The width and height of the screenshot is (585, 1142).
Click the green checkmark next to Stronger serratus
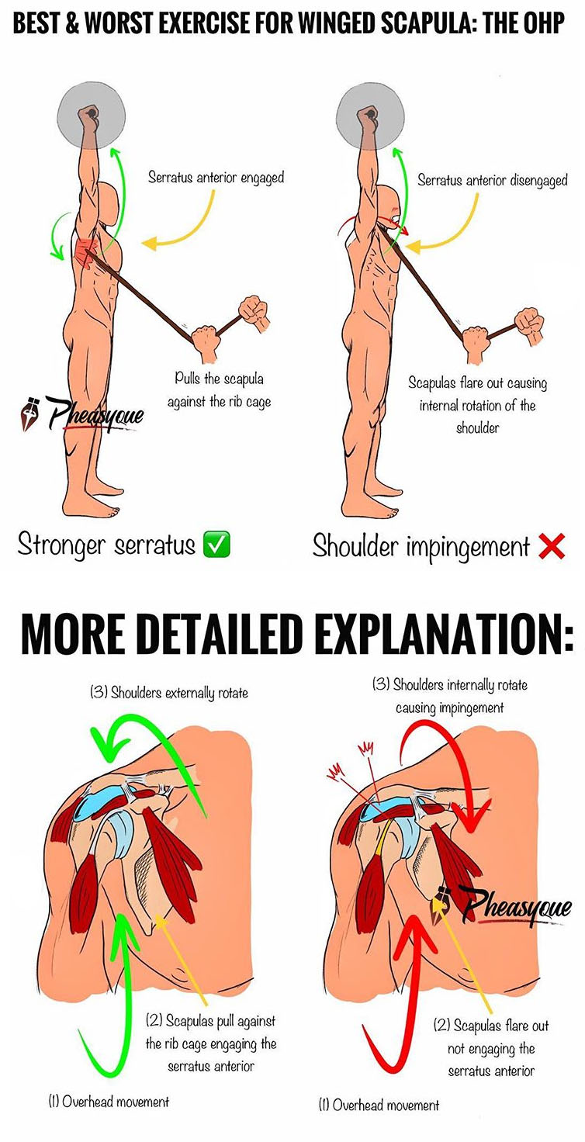(x=216, y=544)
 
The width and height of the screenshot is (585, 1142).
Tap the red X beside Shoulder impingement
(x=552, y=546)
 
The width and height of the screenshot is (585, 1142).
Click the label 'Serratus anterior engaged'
(x=216, y=178)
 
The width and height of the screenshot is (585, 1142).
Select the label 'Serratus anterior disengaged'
(x=492, y=180)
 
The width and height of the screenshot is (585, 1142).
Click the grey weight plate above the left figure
(x=92, y=116)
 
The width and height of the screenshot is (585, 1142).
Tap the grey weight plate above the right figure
(x=370, y=116)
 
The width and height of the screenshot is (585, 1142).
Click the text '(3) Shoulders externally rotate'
(x=169, y=693)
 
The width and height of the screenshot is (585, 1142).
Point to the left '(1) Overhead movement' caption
(x=108, y=1102)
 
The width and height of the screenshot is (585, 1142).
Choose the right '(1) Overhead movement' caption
(x=379, y=1106)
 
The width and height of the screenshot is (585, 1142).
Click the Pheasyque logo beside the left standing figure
(x=81, y=413)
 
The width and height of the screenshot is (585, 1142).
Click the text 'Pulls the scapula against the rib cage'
(x=220, y=390)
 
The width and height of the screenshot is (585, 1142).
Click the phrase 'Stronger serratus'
(x=106, y=544)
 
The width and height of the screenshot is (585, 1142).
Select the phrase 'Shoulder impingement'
(x=421, y=546)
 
